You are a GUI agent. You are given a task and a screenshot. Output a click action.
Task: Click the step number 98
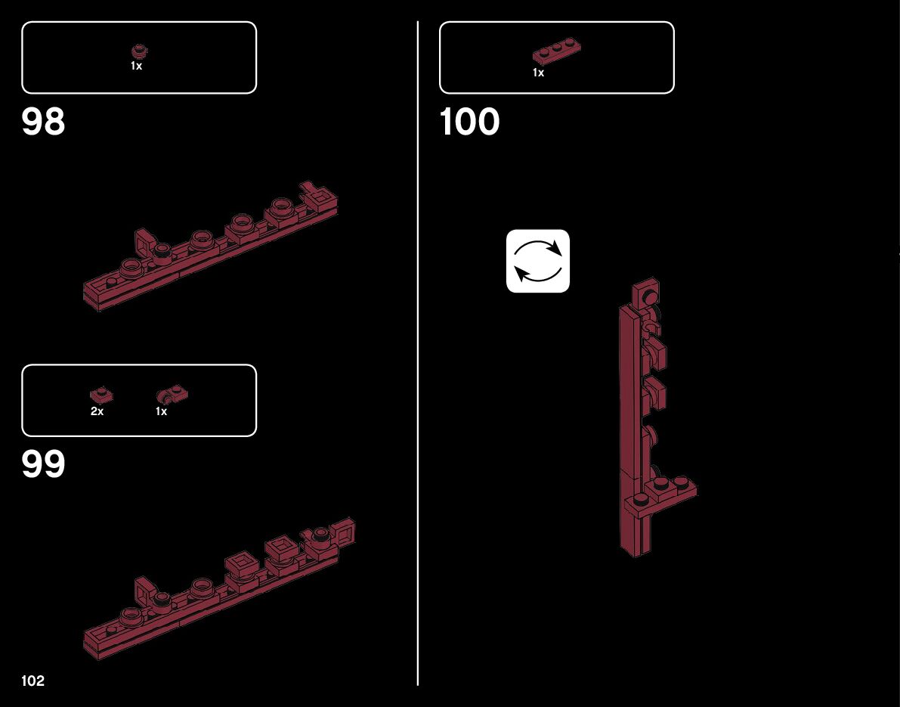coord(44,122)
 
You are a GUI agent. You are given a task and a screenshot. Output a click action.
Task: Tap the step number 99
coord(44,464)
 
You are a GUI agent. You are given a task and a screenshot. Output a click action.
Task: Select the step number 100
coord(469,122)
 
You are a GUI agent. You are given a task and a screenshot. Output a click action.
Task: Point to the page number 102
coord(33,681)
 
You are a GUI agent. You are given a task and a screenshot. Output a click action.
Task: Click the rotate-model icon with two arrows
coord(537,261)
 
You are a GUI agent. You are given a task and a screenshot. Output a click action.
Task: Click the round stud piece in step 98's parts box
coord(138,51)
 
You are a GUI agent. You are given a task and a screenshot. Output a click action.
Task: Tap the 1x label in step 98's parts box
coord(136,66)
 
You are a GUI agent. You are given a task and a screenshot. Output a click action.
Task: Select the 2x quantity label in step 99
coord(97,411)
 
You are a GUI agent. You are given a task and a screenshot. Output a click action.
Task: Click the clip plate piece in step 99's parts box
coord(172,394)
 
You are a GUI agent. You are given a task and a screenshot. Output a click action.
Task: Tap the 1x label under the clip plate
coord(161,411)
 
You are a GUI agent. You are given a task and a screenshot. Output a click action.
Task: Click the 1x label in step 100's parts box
coord(538,73)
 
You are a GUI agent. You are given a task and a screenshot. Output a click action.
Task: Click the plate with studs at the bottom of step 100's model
coord(665,492)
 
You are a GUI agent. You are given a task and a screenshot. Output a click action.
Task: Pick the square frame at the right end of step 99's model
coord(344,533)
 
